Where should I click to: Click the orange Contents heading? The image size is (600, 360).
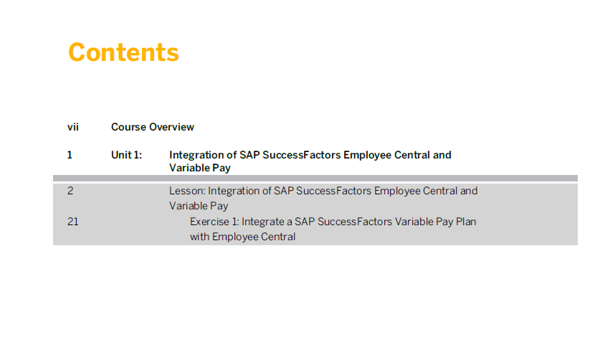(123, 52)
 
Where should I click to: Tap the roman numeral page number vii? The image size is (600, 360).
(73, 127)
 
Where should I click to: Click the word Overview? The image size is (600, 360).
(171, 127)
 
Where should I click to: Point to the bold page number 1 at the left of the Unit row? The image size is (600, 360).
(70, 155)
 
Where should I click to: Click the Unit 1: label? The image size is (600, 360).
(126, 155)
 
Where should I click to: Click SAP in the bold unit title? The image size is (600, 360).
(249, 155)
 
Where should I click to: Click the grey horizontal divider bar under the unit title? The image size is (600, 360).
(315, 178)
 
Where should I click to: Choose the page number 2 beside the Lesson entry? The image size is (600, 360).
(70, 190)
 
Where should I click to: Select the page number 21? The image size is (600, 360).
(72, 222)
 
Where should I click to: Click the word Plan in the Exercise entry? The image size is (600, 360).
(466, 222)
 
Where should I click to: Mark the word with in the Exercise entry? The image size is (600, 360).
(199, 237)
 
